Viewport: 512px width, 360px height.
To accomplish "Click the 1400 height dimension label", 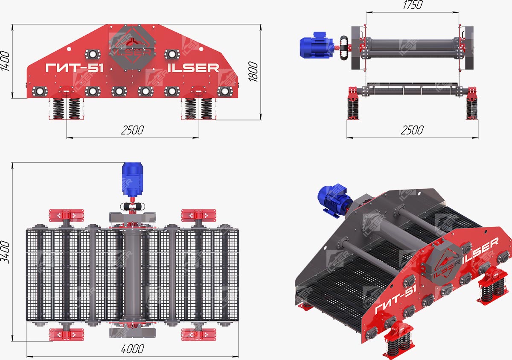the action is pyautogui.click(x=5, y=61).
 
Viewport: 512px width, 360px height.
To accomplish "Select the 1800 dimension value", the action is pyautogui.click(x=253, y=71).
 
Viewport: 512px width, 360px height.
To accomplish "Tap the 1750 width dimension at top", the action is pyautogui.click(x=413, y=5).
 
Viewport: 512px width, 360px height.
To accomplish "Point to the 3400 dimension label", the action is pyautogui.click(x=5, y=252).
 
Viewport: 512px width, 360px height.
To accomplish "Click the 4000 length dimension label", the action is pyautogui.click(x=133, y=349).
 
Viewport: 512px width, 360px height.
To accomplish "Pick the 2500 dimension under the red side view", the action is pyautogui.click(x=132, y=130).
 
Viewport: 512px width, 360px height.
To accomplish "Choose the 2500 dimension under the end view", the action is pyautogui.click(x=412, y=130).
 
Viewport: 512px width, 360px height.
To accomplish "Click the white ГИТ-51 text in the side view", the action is pyautogui.click(x=74, y=68).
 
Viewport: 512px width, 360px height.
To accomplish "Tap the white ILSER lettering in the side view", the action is pyautogui.click(x=193, y=68).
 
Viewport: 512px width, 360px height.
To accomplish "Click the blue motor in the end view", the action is pyautogui.click(x=317, y=45).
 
